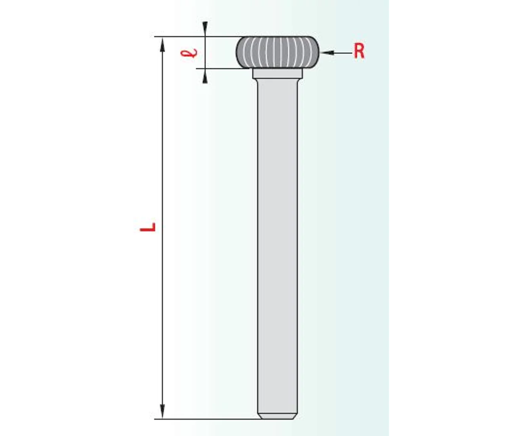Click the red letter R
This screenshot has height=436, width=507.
pos(359,51)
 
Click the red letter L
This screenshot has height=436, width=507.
pos(148,227)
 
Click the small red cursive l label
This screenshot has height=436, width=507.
pos(189,53)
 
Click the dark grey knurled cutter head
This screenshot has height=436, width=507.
pos(277,52)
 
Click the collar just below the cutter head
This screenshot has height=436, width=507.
pos(278,74)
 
